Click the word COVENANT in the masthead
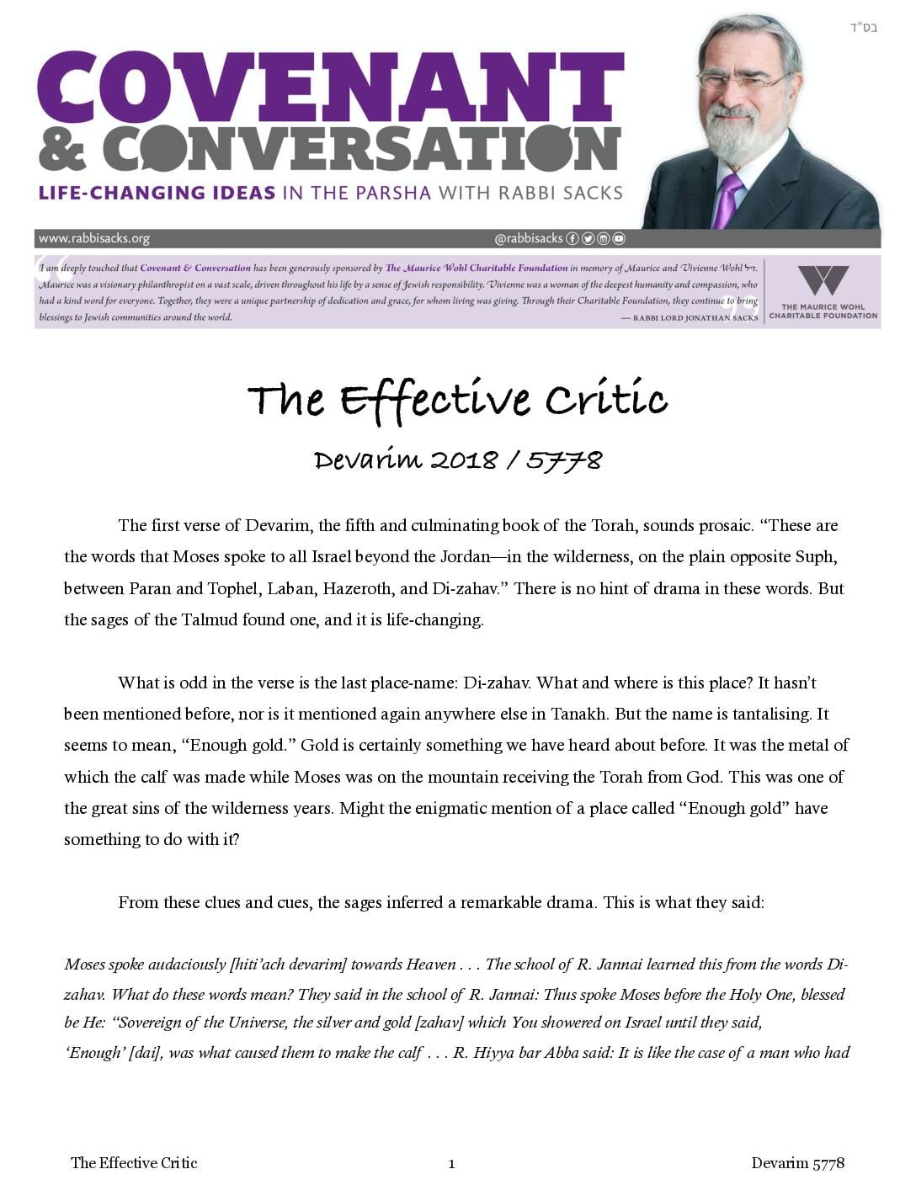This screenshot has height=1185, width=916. [x=330, y=88]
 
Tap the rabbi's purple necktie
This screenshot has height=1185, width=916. [x=728, y=199]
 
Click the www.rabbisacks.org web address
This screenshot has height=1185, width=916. [x=94, y=238]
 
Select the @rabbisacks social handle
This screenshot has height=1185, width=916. [x=528, y=238]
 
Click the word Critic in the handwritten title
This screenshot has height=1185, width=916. [x=606, y=399]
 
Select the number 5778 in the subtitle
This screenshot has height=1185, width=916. [x=564, y=460]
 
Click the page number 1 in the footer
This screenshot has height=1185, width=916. [x=452, y=1164]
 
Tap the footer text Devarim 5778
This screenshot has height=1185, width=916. [x=797, y=1163]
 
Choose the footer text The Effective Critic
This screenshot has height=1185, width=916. [x=134, y=1163]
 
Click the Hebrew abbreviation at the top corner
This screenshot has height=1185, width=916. [x=863, y=28]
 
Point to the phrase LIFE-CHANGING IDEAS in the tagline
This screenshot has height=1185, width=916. [x=157, y=193]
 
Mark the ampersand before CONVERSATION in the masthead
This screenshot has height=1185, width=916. [x=63, y=150]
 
